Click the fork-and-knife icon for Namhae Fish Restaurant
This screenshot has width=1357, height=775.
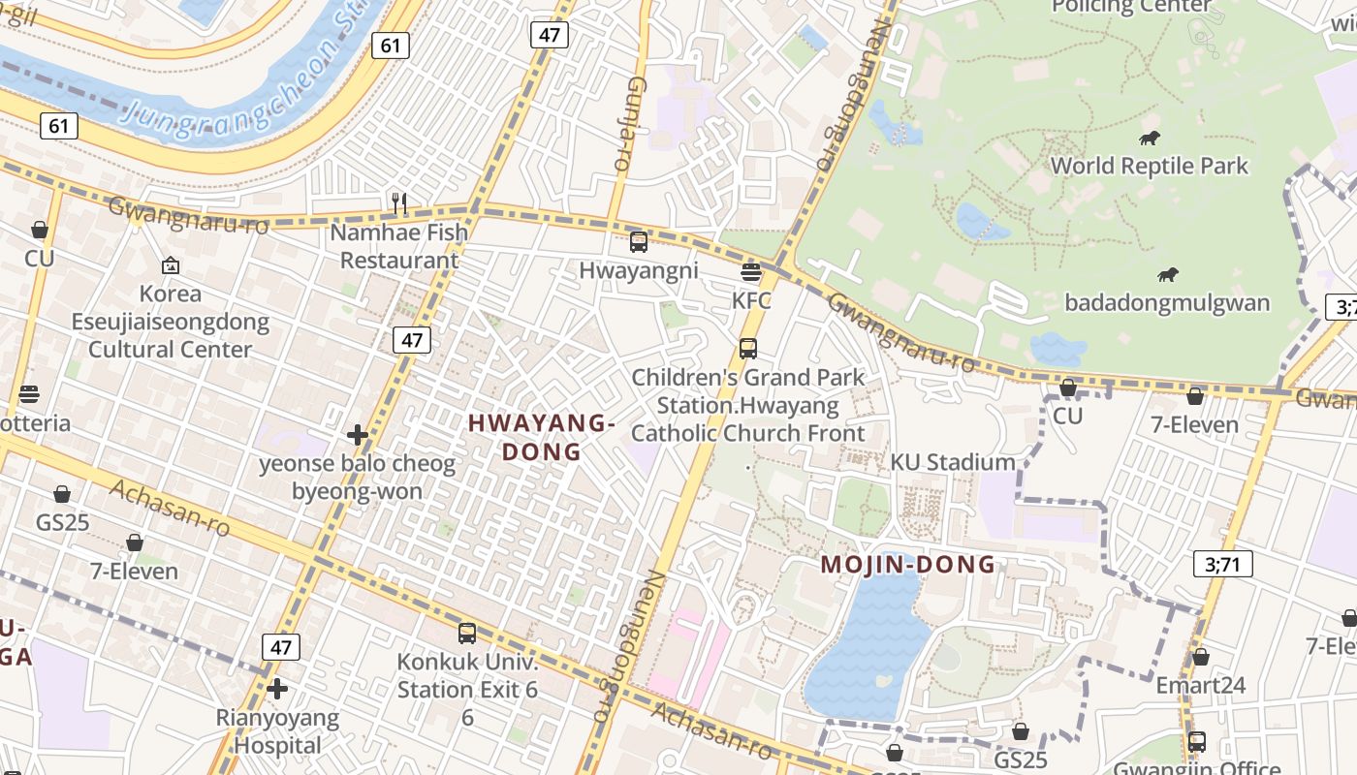coord(398,202)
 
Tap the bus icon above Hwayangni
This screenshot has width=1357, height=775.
coord(638,242)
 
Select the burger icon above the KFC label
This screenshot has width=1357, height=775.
coord(750,272)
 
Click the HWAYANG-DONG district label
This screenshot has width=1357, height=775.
coord(542,437)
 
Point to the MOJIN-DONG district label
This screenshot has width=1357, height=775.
coord(908,564)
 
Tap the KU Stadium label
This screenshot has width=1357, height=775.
coord(953,462)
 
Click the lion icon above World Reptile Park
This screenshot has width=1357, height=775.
coord(1150,138)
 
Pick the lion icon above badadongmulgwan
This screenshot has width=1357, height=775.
coord(1167,275)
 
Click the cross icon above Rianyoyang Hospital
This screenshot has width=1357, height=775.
coord(277,689)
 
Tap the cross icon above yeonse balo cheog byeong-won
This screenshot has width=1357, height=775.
coord(357,435)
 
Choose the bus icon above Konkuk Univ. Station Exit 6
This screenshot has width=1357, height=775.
coord(467,634)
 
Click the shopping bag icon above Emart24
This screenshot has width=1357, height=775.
coord(1200,657)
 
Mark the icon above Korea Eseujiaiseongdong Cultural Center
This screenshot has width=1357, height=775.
coord(171,264)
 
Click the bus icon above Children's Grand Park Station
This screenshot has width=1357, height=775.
coord(747,348)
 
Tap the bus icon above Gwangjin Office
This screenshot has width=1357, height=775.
coord(1197,742)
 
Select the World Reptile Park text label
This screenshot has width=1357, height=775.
coord(1150,166)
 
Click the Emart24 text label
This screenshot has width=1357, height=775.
coord(1200,686)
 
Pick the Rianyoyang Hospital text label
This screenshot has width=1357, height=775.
coord(277,732)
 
